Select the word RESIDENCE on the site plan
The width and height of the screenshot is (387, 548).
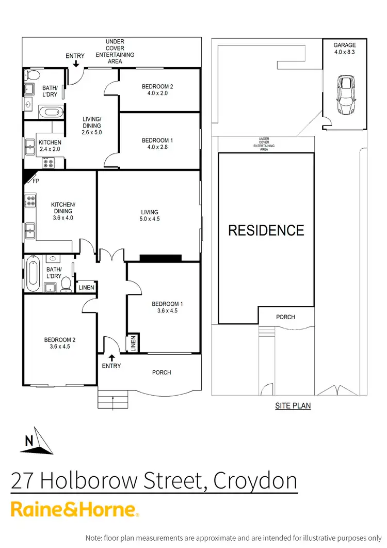(x=266, y=230)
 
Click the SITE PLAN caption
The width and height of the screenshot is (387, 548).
(x=293, y=406)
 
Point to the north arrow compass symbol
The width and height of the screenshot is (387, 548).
(x=38, y=441)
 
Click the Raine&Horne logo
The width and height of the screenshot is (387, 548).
(x=75, y=509)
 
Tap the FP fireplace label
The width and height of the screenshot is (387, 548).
(x=36, y=181)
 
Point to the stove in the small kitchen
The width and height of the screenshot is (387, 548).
(x=49, y=163)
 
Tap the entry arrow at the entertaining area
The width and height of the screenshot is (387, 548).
(x=76, y=64)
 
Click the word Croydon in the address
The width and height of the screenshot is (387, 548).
(x=255, y=481)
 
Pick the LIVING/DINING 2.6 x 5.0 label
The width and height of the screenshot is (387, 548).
(x=92, y=126)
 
